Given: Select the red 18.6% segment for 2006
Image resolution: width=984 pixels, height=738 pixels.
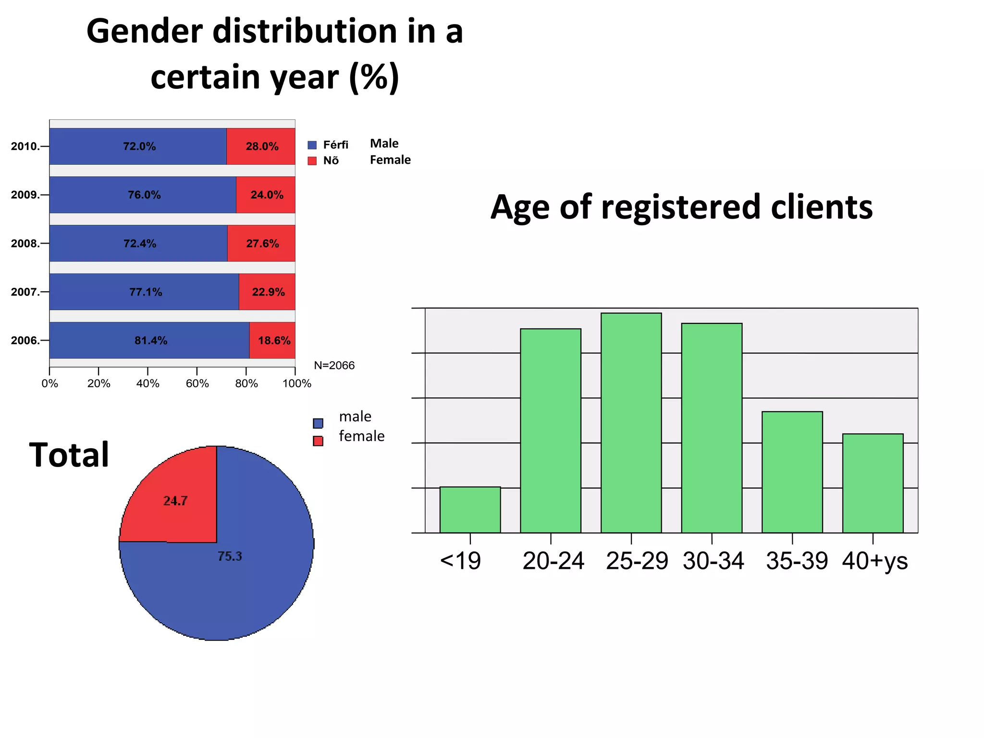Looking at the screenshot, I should [272, 340].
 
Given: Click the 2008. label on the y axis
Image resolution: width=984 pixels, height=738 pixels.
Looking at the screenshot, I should [25, 244].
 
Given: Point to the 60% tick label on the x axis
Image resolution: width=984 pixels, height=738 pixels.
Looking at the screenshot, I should [197, 383].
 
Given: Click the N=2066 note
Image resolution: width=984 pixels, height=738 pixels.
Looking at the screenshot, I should [334, 366].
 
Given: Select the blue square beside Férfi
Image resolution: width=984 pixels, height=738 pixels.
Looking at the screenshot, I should [312, 145].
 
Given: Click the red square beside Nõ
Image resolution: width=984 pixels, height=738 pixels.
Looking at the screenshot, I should [312, 161].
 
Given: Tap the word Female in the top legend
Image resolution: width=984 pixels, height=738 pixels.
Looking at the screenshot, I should [390, 160].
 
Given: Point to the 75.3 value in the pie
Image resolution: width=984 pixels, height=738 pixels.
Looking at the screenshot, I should [230, 556].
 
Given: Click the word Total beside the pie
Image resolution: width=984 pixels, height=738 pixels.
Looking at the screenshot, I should [69, 455].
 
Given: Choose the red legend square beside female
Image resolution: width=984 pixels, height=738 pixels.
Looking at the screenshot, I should [318, 441].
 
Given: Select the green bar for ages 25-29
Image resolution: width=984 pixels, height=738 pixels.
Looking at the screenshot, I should [631, 423].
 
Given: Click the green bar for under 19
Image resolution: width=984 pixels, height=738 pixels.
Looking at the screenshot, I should [470, 510].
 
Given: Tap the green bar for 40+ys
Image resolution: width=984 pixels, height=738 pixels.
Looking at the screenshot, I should [873, 483].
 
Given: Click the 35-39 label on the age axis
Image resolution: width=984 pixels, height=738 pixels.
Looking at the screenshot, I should [797, 561].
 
